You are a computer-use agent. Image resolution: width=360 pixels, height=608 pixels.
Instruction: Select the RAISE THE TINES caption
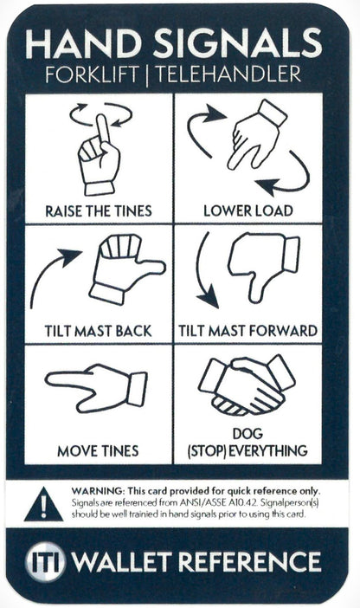99,210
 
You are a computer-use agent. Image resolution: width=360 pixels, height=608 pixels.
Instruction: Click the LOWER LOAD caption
247,210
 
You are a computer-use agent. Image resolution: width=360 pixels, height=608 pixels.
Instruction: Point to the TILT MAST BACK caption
99,330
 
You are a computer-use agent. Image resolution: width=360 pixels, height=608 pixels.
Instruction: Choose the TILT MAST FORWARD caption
247,330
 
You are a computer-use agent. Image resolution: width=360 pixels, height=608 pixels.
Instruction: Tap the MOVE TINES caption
99,451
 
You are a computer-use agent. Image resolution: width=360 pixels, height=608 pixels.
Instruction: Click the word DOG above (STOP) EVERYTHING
247,434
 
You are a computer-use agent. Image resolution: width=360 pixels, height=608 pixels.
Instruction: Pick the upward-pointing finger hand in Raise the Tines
100,156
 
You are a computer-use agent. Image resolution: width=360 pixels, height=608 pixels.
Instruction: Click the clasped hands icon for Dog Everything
247,385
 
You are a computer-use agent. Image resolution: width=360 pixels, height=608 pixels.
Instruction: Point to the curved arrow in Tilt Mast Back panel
54,273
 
